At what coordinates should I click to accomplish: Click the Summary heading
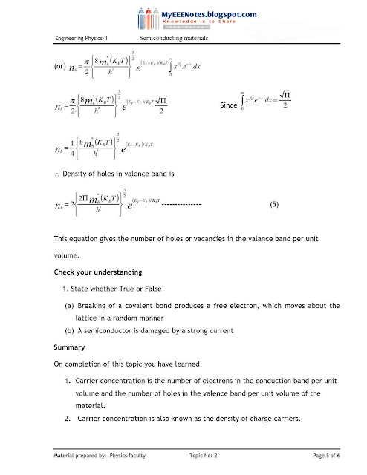point(69,347)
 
